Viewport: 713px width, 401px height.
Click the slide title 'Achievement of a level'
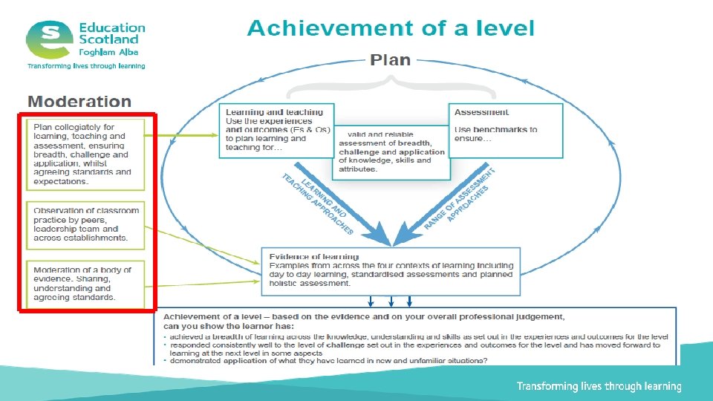(x=391, y=29)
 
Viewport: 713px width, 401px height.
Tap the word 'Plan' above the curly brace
(x=390, y=60)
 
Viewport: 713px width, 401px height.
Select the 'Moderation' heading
(x=79, y=102)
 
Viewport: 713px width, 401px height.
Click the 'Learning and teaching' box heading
(x=274, y=112)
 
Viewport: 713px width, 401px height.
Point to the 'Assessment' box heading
(x=482, y=112)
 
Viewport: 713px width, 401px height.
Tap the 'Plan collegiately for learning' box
(x=85, y=154)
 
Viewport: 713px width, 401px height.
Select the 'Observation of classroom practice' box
(x=85, y=224)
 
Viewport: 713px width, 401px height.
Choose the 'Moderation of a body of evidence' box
(x=85, y=283)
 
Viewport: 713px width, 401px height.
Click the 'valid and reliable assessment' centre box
(x=392, y=151)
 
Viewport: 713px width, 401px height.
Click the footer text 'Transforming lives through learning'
(x=599, y=386)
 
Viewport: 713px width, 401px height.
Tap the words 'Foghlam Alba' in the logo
(x=108, y=52)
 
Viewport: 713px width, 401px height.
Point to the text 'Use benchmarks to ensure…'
(x=495, y=134)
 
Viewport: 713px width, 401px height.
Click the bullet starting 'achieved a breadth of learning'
(x=416, y=337)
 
